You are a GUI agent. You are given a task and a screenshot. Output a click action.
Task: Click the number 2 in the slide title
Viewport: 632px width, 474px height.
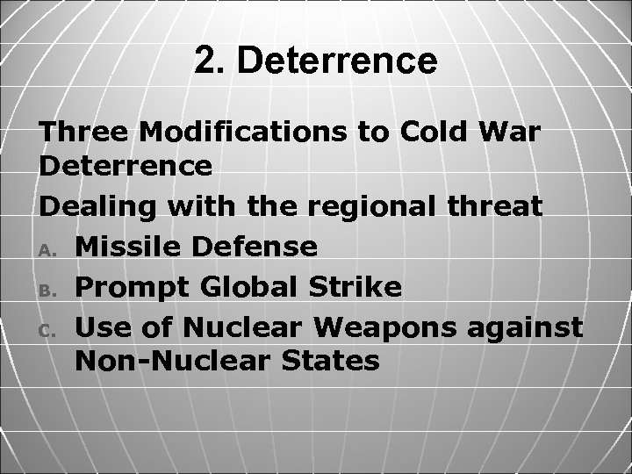[x=203, y=61]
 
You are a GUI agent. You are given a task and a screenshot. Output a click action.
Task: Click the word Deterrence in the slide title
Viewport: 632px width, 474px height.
[x=337, y=61]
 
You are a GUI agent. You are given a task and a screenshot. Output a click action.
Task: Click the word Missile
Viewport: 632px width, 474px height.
[x=132, y=247]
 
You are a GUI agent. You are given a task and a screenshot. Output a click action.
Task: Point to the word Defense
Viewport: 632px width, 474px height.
[x=256, y=247]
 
